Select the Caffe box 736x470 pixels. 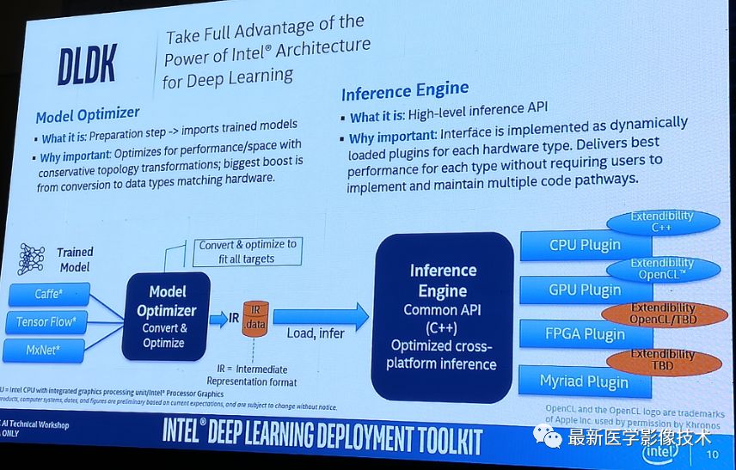[49, 295]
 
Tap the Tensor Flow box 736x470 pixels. [47, 323]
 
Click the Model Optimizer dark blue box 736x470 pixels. [166, 317]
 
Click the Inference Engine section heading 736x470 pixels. [405, 90]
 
